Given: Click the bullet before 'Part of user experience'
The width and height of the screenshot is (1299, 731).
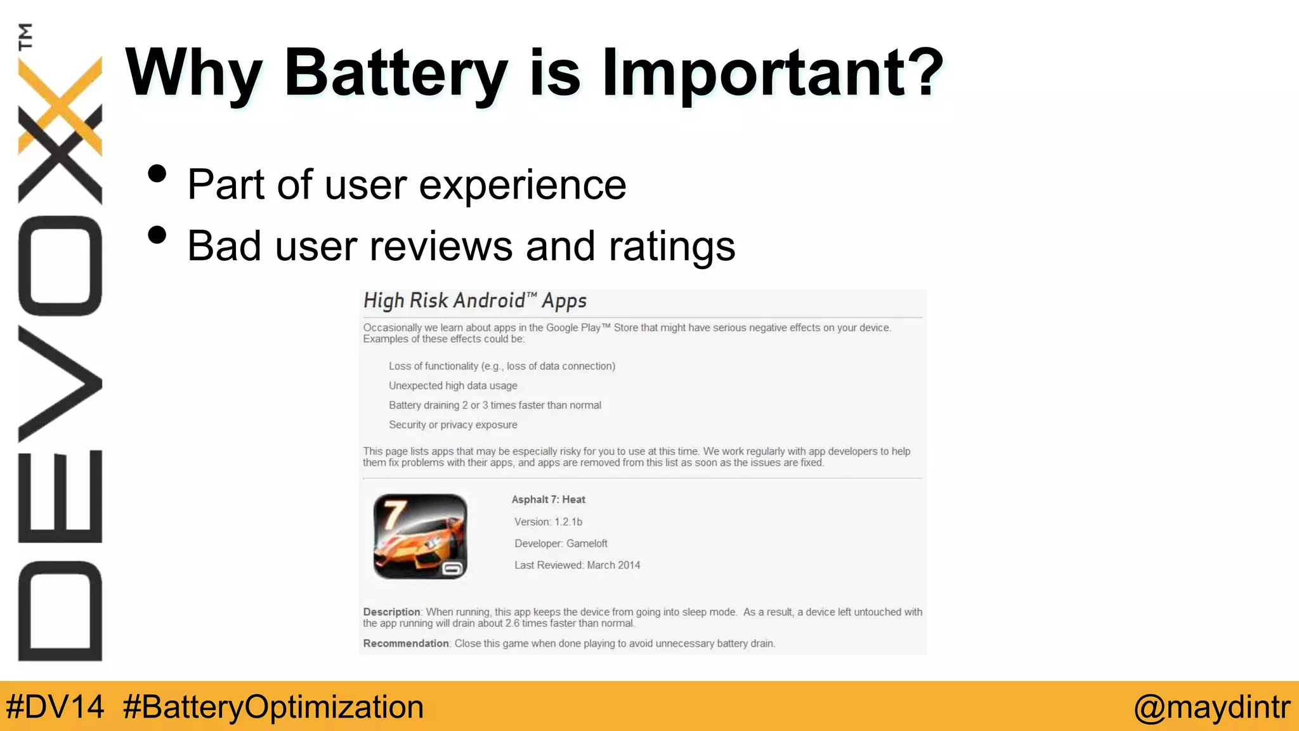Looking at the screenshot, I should coord(157,174).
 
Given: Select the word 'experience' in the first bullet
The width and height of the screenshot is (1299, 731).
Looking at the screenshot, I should coord(523,185).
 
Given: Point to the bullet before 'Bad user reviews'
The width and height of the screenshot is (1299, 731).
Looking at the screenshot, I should coord(157,235).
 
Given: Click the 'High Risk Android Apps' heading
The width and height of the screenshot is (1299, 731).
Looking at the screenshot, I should coord(474,301).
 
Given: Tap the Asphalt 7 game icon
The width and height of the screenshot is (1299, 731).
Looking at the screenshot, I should coord(421,536).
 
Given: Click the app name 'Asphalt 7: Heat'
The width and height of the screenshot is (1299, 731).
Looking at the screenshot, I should coord(548,499).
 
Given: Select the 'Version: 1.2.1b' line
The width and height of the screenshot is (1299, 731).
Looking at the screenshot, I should coord(548,522).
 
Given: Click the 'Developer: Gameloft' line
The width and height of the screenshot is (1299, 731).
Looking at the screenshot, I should coord(561,543).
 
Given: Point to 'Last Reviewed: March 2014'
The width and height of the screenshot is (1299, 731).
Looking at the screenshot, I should coord(577,565).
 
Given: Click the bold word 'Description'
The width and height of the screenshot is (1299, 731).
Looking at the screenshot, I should coord(391,612).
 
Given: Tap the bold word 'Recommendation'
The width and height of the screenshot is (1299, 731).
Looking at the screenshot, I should coord(406,643).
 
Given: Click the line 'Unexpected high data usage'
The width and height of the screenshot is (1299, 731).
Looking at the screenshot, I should coord(453,386).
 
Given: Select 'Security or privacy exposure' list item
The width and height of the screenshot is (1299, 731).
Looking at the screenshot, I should coord(453,425).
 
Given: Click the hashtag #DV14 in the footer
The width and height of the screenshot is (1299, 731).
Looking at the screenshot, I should coord(55,707).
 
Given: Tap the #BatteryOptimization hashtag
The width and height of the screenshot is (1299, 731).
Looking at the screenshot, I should coord(273,707).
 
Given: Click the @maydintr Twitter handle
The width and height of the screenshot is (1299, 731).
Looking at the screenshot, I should coord(1211,707).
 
